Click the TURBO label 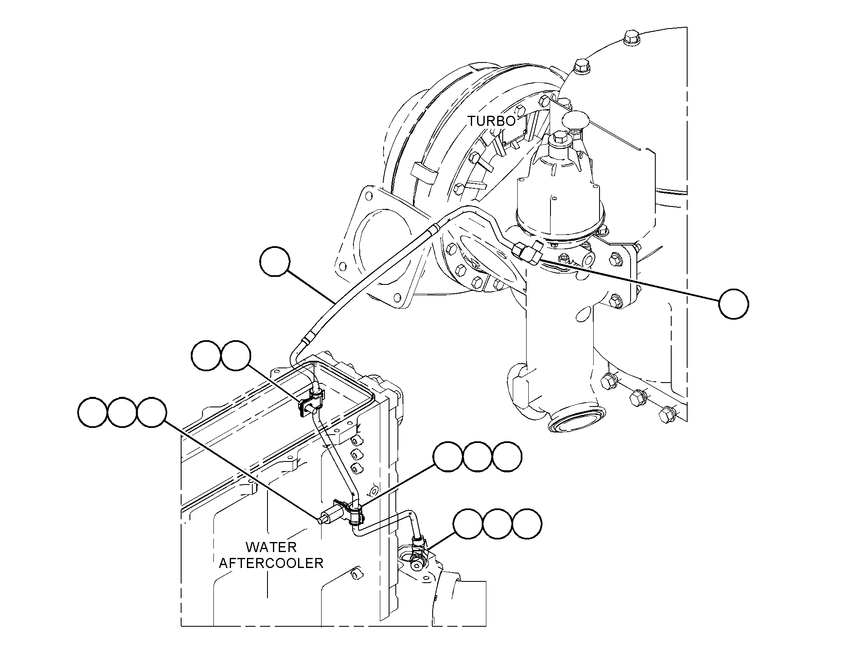491,121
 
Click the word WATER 271,547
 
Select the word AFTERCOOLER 271,563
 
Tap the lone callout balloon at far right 734,304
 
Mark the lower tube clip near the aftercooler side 349,512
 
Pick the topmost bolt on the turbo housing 631,38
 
